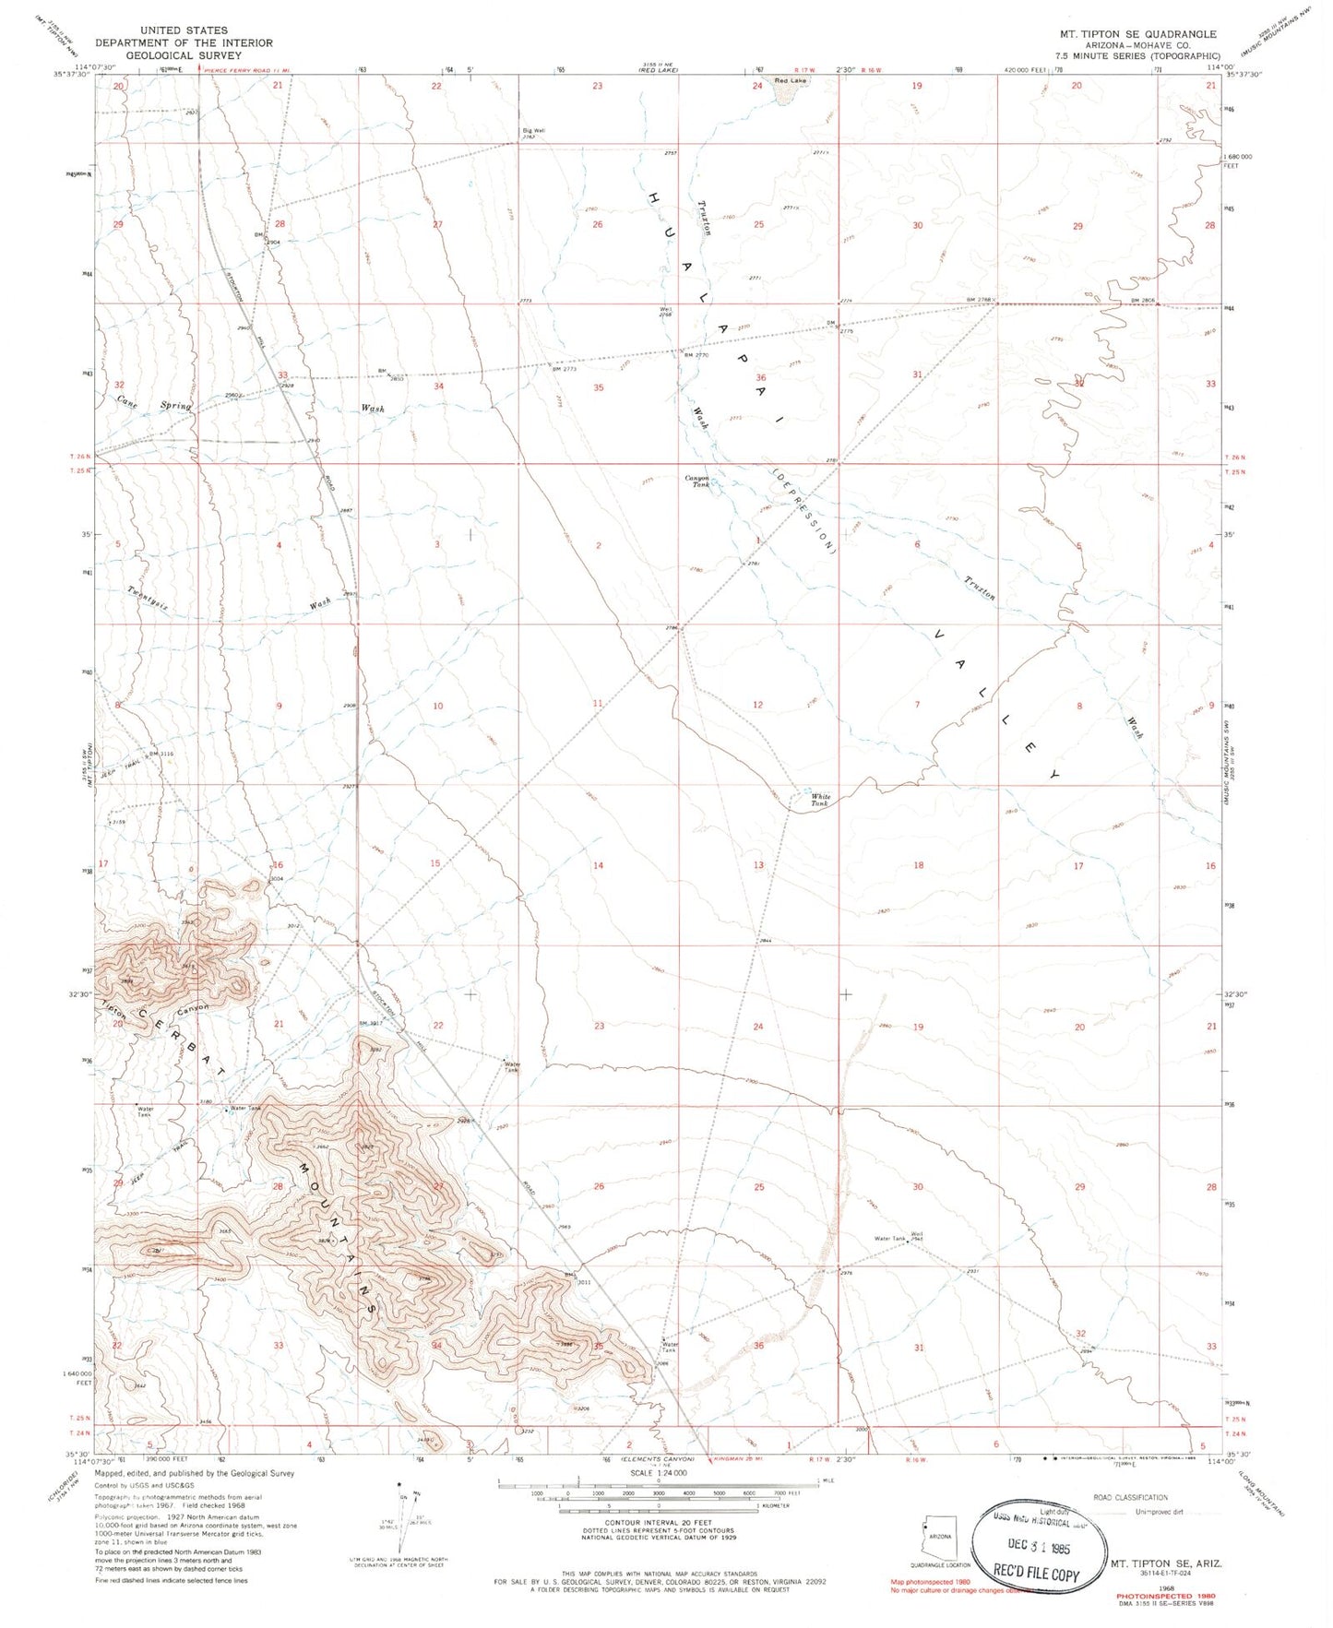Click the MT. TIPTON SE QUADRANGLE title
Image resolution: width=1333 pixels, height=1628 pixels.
click(x=1137, y=34)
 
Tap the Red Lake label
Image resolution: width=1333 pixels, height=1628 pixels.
click(x=791, y=81)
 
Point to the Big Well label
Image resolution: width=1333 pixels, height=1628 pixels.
click(x=533, y=132)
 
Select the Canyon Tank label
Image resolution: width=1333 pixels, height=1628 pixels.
click(x=697, y=481)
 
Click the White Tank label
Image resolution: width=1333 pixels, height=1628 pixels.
click(x=820, y=800)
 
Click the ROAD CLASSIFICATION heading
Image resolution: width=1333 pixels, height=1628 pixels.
click(x=1129, y=1497)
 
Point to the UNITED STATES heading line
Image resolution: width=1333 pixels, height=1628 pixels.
click(x=184, y=30)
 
